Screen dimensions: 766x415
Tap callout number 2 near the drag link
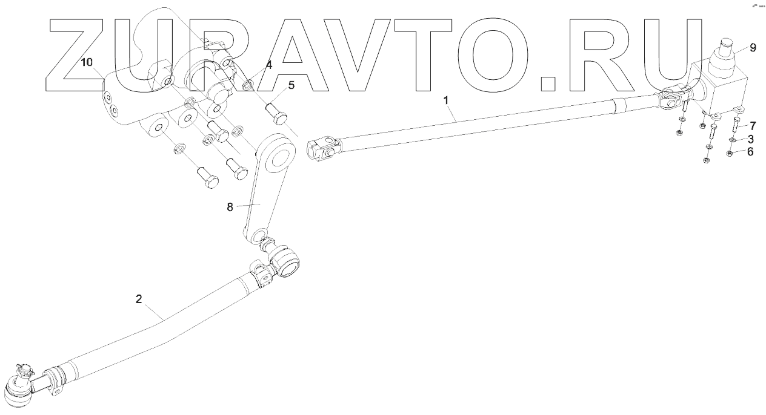[x=139, y=299]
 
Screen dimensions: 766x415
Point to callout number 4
[x=268, y=64]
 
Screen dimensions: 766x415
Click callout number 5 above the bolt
[x=291, y=85]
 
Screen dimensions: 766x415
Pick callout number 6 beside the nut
[x=750, y=152]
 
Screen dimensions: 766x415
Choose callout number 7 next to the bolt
[x=753, y=126]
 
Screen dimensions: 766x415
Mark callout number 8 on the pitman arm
[x=230, y=207]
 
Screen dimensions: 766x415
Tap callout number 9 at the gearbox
[x=752, y=47]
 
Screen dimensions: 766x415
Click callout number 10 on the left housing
[x=87, y=63]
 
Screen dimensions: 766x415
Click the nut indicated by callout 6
[x=730, y=152]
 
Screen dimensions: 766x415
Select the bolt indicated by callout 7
[x=736, y=125]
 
